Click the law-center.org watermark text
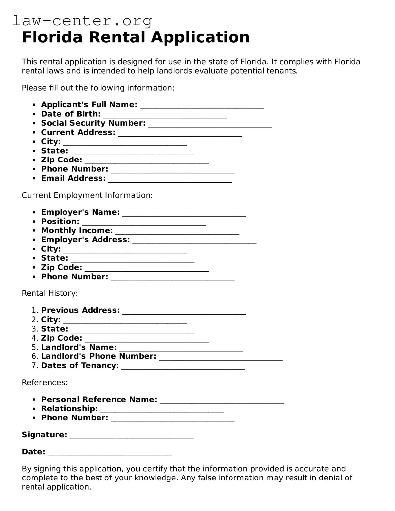82,21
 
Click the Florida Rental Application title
135,37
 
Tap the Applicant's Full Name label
89,105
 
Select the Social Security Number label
93,123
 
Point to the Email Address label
73,178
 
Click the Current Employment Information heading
87,195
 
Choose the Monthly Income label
77,230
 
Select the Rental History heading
49,293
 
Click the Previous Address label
80,310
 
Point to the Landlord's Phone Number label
99,356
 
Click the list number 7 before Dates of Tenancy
35,366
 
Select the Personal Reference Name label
99,400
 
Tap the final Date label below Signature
33,452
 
